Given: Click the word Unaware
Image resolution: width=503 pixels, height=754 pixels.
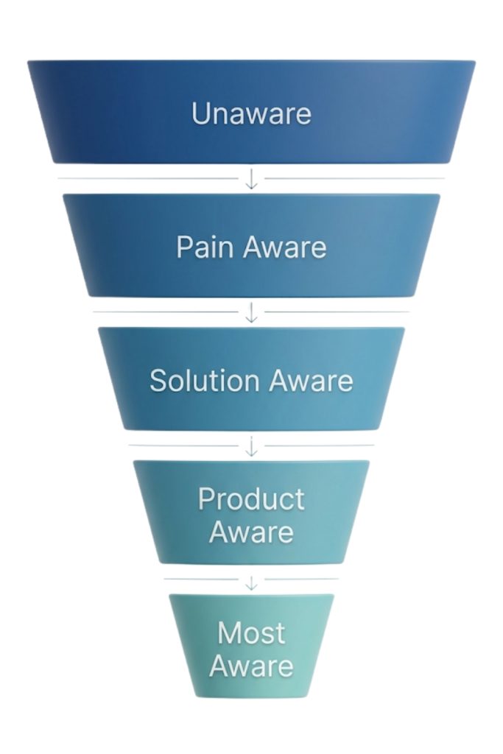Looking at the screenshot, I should (251, 113).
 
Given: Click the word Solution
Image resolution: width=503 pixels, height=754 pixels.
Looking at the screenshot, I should (205, 381).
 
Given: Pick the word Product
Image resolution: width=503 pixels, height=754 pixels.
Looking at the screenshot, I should (251, 499).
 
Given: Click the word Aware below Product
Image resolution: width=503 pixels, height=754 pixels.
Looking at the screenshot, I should (251, 532).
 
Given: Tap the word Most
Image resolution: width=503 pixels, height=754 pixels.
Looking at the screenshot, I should (251, 633).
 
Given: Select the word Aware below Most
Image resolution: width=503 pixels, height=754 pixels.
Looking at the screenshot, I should (251, 666).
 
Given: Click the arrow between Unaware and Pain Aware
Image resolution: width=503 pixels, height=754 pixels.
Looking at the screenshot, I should (251, 179).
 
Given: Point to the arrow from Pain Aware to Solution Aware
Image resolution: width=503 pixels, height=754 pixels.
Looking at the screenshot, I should (251, 312).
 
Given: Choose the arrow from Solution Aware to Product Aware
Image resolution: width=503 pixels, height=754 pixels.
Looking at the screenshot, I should (251, 445).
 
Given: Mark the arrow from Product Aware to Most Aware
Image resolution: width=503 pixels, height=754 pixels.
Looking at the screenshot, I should (251, 581).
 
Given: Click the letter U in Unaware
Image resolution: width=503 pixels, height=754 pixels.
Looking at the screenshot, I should (200, 113).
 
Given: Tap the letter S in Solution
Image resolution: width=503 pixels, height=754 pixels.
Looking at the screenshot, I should (158, 381).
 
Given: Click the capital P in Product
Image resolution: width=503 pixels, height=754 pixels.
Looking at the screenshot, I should (207, 499).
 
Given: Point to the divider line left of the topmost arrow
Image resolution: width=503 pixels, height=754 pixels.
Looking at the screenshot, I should (147, 178).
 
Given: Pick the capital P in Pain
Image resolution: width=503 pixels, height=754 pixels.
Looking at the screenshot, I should (184, 247).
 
